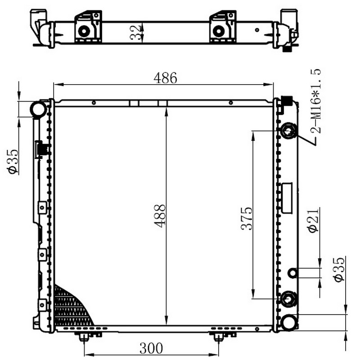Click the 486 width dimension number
[165, 78]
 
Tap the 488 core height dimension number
[160, 216]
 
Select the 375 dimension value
[246, 218]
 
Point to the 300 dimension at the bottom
[151, 348]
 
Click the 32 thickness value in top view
[135, 32]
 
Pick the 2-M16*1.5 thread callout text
[315, 101]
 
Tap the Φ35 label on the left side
[13, 162]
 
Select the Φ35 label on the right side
[339, 269]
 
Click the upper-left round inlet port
[39, 109]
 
